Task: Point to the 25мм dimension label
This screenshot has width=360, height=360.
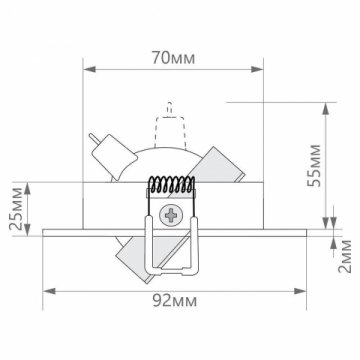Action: [x=15, y=208]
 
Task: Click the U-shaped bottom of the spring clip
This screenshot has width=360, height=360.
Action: [x=169, y=268]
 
